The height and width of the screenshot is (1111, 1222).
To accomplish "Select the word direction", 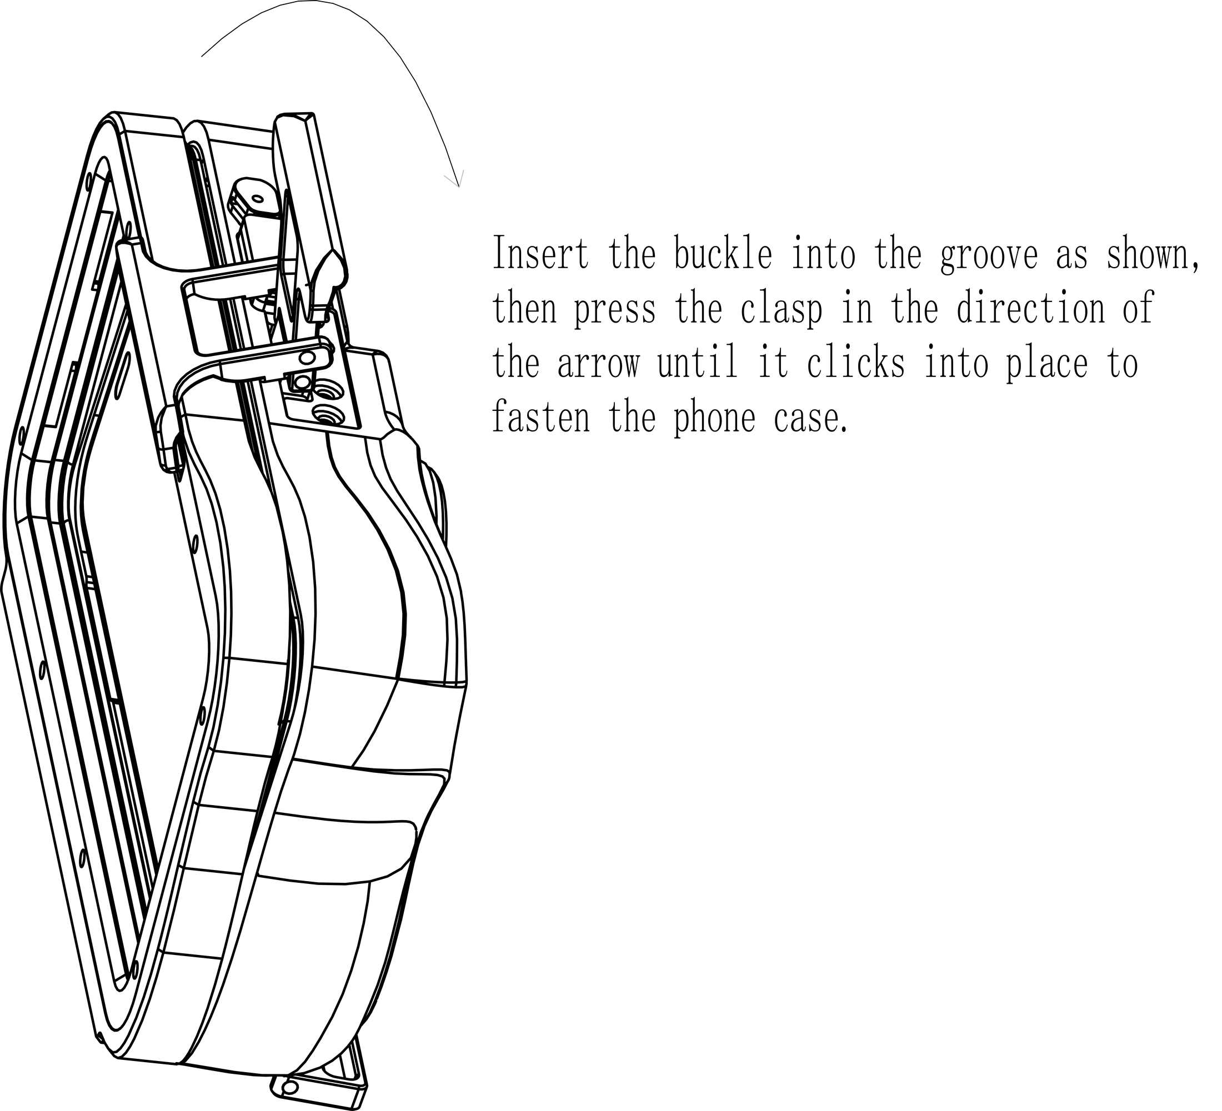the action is point(1031,308).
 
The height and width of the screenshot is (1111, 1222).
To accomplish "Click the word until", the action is point(698,362).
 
